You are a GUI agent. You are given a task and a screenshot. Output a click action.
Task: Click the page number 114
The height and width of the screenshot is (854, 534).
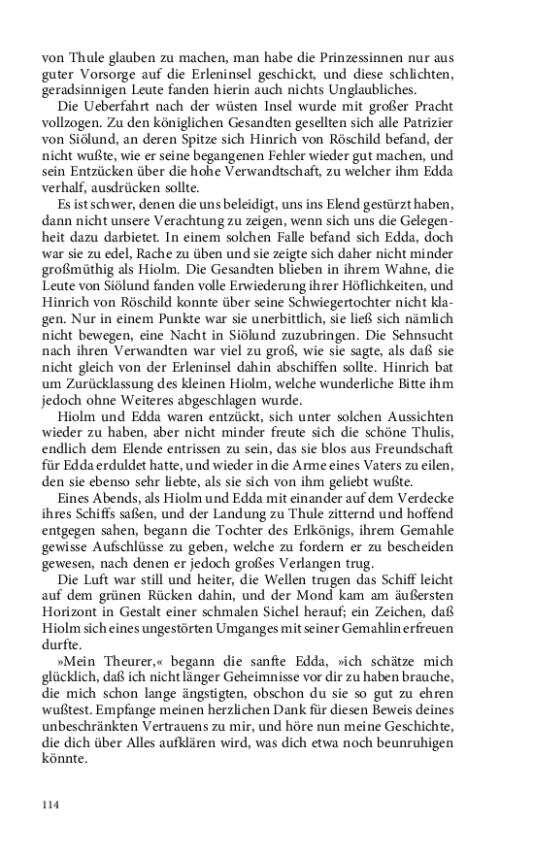click(x=51, y=805)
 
